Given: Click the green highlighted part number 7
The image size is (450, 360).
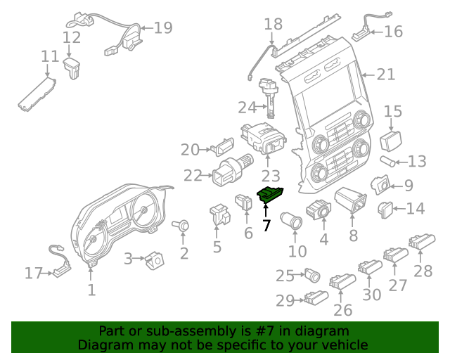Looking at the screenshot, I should click(x=270, y=194).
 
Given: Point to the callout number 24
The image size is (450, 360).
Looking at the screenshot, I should click(x=247, y=108).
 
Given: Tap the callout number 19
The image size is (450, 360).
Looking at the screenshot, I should click(x=163, y=28).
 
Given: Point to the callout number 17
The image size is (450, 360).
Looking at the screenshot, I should click(x=33, y=273).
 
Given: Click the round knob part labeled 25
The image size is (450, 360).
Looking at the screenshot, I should click(x=310, y=274).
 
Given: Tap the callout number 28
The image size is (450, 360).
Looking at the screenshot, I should click(x=423, y=271).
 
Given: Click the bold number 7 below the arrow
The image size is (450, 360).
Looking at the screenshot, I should click(x=266, y=226).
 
